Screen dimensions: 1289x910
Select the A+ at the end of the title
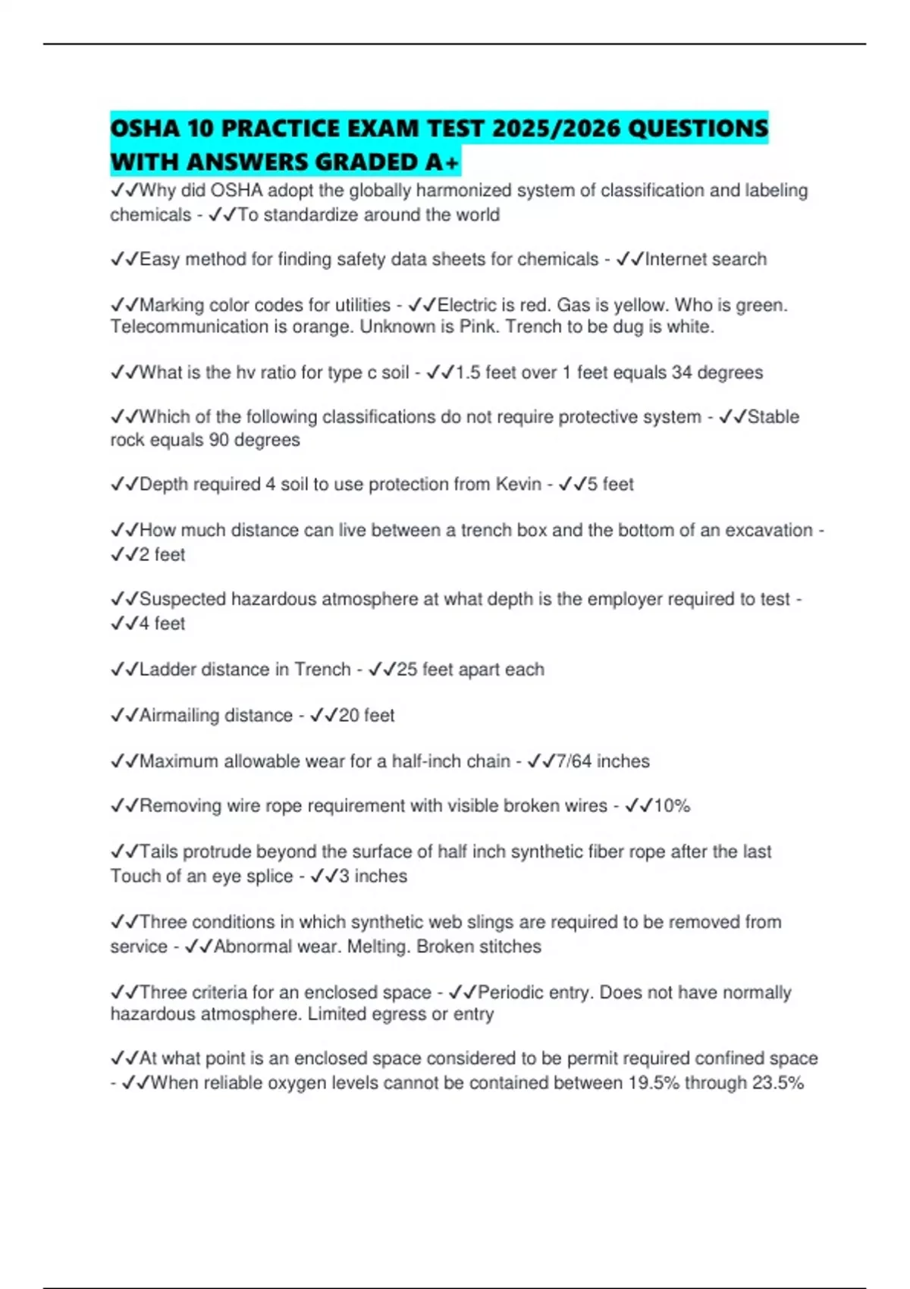click(442, 162)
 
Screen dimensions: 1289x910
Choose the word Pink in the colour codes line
click(478, 327)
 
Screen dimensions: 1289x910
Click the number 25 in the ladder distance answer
click(406, 670)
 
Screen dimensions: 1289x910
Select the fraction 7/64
click(574, 761)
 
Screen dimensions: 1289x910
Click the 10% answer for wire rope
click(672, 806)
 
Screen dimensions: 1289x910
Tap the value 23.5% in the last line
click(777, 1084)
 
